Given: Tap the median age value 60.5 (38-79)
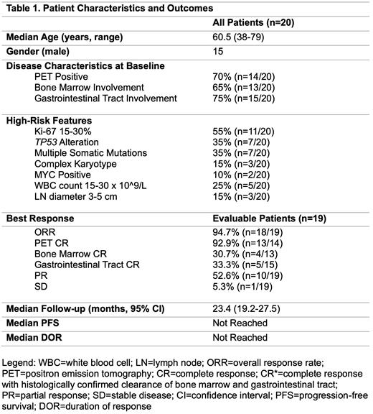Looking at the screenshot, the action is (244, 38).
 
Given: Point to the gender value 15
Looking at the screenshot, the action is (218, 52).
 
